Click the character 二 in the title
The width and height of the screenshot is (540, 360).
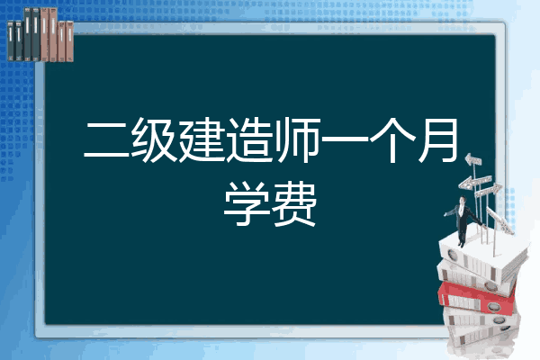(x=107, y=140)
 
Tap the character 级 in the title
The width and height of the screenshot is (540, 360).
(x=153, y=139)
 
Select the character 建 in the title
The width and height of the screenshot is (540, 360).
(x=201, y=139)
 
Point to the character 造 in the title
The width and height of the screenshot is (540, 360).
(x=248, y=139)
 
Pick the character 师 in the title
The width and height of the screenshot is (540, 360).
(x=297, y=139)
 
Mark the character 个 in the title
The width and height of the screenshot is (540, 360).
(x=391, y=139)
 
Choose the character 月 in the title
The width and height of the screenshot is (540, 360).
(x=438, y=139)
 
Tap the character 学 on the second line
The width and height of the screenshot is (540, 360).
(x=247, y=203)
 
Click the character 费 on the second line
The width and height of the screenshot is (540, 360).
(x=293, y=203)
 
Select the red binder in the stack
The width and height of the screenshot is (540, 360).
(x=477, y=299)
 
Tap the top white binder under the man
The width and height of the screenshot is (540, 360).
(x=482, y=256)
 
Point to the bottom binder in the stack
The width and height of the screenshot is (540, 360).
(x=482, y=336)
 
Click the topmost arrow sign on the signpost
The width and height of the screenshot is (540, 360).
(x=473, y=159)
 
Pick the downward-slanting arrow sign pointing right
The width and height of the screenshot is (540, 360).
(x=500, y=220)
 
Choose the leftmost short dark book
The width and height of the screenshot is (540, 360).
(x=11, y=40)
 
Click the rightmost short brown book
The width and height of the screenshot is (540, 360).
(x=70, y=41)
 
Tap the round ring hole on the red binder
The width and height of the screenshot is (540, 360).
(x=493, y=306)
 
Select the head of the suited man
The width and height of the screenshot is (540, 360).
(x=463, y=200)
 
